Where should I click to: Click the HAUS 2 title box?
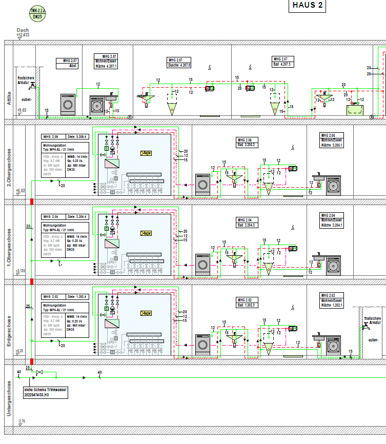[x=308, y=6]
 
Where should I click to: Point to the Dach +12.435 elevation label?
[x=23, y=32]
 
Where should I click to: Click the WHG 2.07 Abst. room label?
[x=67, y=63]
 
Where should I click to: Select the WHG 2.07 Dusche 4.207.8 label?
[x=179, y=63]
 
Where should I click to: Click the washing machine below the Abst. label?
[x=67, y=104]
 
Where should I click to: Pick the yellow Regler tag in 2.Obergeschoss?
[x=146, y=153]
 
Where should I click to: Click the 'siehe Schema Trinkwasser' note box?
[x=46, y=393]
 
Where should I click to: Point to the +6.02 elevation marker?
[x=19, y=191]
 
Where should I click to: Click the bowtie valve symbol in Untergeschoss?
[x=40, y=372]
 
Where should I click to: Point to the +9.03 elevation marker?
[x=22, y=110]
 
